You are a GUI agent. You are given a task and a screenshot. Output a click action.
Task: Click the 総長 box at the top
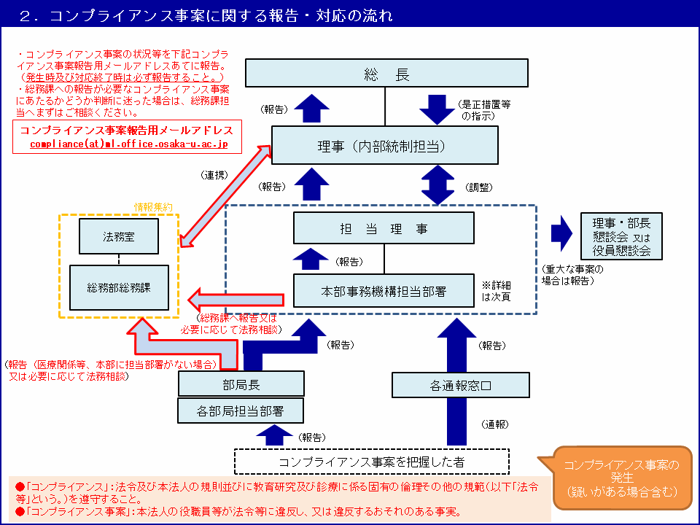tap(386, 75)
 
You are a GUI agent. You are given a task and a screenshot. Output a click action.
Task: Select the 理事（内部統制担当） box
tap(385, 147)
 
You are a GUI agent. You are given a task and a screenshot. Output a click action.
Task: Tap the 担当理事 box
tap(384, 228)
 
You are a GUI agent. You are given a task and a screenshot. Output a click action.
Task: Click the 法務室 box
tap(120, 236)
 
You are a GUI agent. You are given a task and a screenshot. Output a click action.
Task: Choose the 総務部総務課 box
tap(120, 287)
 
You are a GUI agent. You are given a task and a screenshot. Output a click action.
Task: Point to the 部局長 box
tap(241, 384)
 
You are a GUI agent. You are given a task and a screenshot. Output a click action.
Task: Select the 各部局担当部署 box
tap(241, 411)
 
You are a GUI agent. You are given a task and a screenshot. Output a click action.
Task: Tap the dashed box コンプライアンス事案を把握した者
tap(371, 462)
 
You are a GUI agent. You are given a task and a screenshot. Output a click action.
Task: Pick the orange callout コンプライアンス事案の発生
tap(621, 478)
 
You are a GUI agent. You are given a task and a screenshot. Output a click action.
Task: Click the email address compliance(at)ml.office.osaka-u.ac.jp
tap(129, 144)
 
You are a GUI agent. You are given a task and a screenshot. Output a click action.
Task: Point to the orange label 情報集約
tap(153, 208)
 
